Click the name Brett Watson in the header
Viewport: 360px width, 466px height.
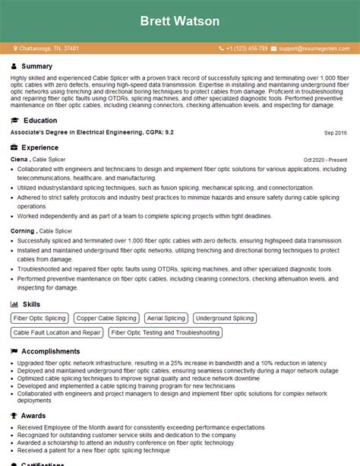pos(180,21)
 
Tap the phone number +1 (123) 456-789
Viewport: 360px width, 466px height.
pos(247,48)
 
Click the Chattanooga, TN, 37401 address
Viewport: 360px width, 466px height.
pos(49,48)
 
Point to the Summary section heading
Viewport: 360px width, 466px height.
pos(37,67)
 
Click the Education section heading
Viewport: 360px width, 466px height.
pos(39,120)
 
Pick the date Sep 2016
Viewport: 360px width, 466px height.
pos(335,132)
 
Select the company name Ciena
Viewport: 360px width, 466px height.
pos(19,160)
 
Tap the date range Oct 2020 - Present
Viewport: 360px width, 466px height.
pos(325,160)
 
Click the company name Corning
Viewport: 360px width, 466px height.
pos(23,230)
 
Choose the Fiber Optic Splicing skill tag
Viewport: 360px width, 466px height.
pos(40,319)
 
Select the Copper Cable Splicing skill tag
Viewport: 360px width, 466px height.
pos(106,319)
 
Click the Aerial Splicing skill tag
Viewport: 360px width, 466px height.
pos(165,319)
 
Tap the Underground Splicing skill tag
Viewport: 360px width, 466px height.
pos(225,319)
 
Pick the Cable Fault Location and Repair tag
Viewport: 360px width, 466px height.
pos(57,332)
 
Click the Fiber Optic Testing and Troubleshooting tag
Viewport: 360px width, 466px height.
pos(165,332)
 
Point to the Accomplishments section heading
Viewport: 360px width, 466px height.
pos(50,351)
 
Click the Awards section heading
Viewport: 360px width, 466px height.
pos(34,416)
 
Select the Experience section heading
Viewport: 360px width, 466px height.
pos(40,147)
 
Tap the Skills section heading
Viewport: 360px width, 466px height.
pos(32,303)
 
